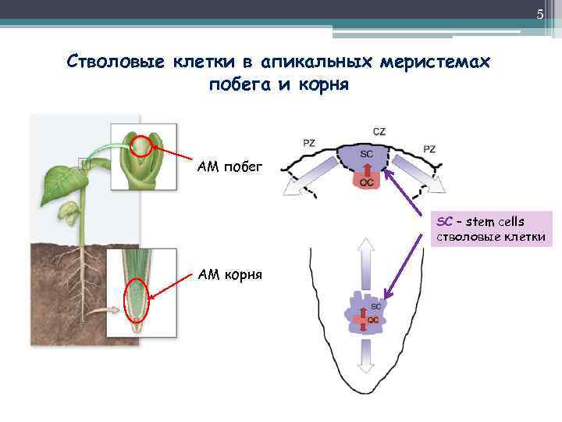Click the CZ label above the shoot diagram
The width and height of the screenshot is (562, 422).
379,131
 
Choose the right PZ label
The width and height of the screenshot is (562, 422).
429,148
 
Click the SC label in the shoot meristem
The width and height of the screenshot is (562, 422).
366,154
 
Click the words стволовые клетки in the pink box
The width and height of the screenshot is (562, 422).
490,237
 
